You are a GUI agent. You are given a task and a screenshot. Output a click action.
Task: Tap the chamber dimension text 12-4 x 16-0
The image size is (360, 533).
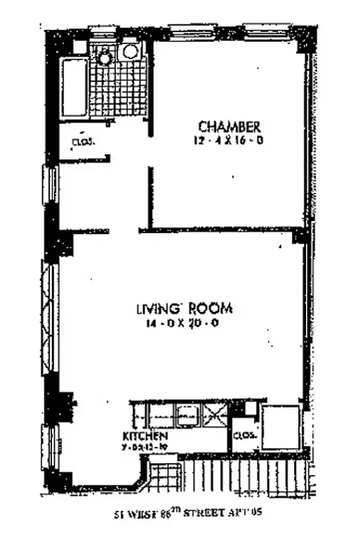(229, 141)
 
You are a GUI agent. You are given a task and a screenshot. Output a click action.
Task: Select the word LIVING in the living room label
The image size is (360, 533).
(156, 309)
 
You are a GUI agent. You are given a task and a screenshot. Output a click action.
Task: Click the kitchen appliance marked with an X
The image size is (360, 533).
(214, 417)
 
